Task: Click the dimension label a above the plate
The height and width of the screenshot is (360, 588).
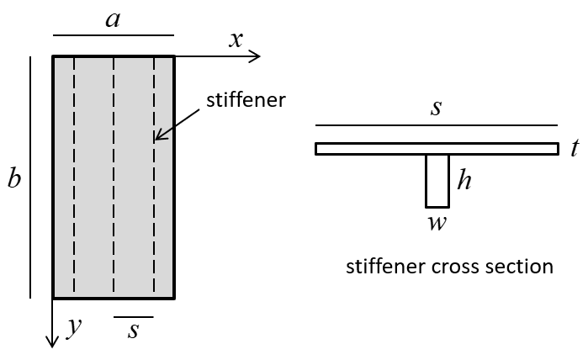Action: (113, 19)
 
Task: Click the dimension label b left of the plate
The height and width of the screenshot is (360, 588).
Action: (14, 179)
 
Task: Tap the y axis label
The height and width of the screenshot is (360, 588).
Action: (75, 329)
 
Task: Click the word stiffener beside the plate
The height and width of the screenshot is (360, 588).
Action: (246, 100)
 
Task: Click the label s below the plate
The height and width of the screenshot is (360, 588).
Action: (133, 331)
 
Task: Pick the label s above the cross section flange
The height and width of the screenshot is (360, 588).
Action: (436, 108)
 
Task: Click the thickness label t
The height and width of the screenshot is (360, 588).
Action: (574, 149)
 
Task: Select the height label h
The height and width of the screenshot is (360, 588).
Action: (464, 179)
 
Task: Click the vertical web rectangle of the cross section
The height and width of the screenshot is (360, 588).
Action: (437, 180)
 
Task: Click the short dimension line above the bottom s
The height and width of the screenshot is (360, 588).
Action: (134, 316)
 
